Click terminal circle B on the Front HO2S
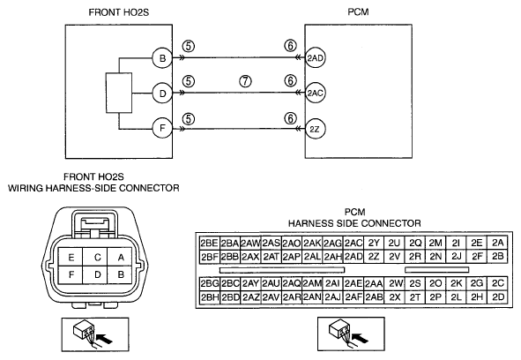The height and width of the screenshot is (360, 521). tap(162, 58)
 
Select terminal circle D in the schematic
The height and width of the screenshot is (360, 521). tap(162, 94)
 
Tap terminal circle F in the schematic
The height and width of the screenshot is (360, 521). tap(162, 128)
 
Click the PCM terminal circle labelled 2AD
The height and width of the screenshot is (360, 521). tap(315, 58)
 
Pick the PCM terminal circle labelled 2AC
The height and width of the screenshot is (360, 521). tap(315, 94)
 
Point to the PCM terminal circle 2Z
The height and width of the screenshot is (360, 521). tap(315, 129)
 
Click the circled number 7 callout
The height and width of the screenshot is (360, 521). tap(245, 81)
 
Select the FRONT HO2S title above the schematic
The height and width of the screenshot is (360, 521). tap(119, 12)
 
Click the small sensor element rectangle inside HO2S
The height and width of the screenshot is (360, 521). tap(119, 93)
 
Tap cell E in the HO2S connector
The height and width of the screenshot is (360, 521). tap(71, 257)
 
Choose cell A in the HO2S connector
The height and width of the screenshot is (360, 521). tap(120, 257)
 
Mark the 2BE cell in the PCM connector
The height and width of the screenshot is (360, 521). tap(209, 244)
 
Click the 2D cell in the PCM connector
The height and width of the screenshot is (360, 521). tap(498, 296)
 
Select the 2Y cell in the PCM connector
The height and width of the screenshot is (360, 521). tap(374, 244)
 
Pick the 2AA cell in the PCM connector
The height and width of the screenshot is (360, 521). tap(374, 283)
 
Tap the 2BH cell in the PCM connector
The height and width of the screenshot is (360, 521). tap(209, 296)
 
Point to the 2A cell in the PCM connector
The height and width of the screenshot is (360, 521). tap(498, 244)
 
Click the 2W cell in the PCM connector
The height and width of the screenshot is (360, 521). tap(394, 283)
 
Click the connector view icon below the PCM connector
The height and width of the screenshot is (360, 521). tap(351, 334)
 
